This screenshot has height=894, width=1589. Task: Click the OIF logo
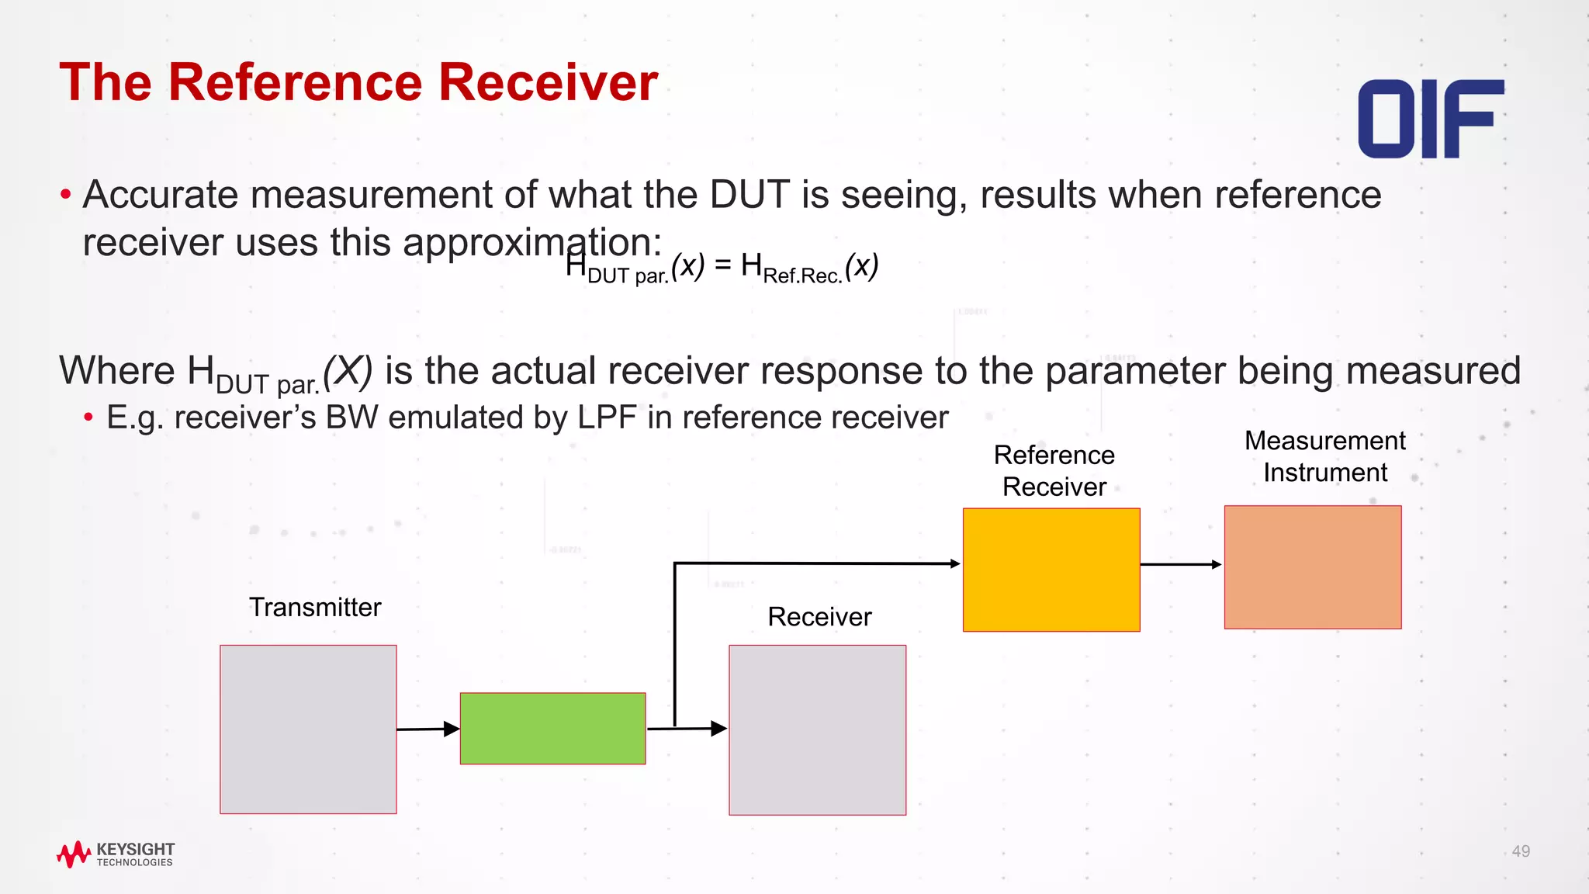pyautogui.click(x=1430, y=119)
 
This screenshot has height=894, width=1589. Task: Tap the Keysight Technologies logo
pyautogui.click(x=116, y=854)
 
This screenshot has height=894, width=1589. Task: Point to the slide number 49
pyautogui.click(x=1521, y=851)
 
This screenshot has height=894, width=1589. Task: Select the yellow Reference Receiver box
pyautogui.click(x=1051, y=570)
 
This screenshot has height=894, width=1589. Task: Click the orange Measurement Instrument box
pyautogui.click(x=1313, y=567)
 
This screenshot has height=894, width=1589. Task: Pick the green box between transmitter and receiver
pyautogui.click(x=552, y=728)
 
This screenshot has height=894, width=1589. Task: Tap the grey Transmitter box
pyautogui.click(x=308, y=729)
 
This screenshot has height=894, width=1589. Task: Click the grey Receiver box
pyautogui.click(x=817, y=729)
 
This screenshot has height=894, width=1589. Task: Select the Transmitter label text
pyautogui.click(x=315, y=607)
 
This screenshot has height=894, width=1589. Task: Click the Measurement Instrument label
pyautogui.click(x=1325, y=456)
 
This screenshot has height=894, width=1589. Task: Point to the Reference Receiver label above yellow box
pyautogui.click(x=1054, y=470)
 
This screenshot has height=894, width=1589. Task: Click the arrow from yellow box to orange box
pyautogui.click(x=1181, y=564)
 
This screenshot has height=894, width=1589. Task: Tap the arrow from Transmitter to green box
pyautogui.click(x=427, y=729)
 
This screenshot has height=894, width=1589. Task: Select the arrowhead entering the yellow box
pyautogui.click(x=955, y=563)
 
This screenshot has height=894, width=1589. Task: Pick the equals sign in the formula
pyautogui.click(x=722, y=265)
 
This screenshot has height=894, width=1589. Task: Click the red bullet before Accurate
pyautogui.click(x=66, y=194)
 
